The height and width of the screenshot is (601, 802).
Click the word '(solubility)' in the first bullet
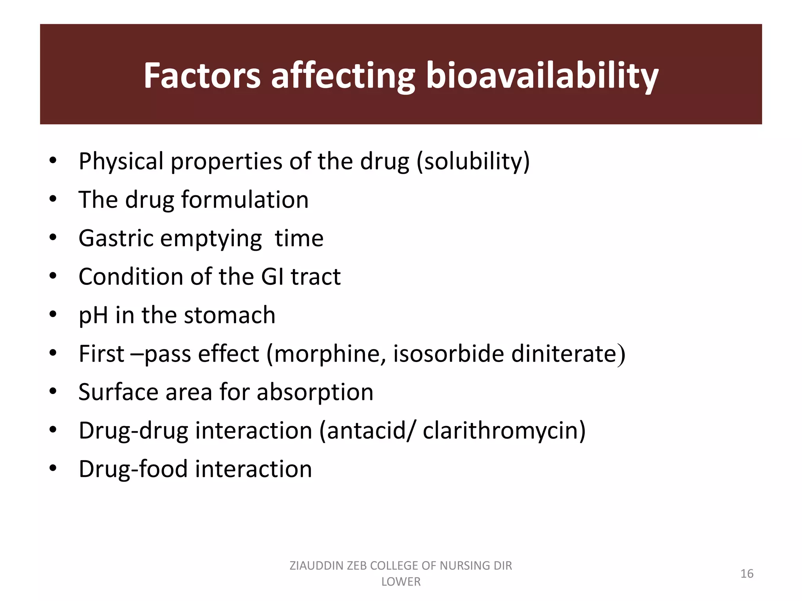tap(473, 161)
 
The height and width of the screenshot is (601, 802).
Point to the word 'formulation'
tap(245, 200)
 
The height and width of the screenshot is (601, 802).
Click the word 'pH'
tap(93, 315)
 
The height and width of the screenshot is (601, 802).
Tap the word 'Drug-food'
tap(134, 469)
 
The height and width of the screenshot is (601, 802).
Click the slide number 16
tap(747, 574)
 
